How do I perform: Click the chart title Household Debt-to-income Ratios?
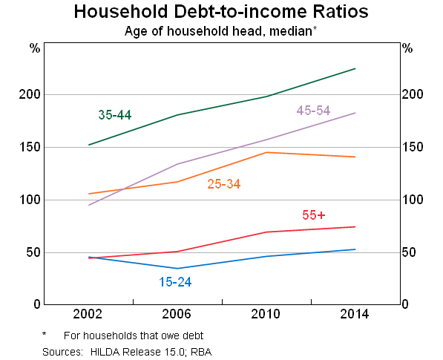click(221, 13)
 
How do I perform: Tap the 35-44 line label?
click(115, 115)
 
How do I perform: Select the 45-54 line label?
click(313, 111)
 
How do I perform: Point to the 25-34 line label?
click(223, 184)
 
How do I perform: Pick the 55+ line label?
click(314, 215)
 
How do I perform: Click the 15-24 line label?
click(176, 282)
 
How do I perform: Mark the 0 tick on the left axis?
click(35, 304)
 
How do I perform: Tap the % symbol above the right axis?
click(407, 49)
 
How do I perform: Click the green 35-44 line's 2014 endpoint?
click(355, 68)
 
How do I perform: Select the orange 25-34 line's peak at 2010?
click(266, 152)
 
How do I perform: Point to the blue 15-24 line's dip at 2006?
click(177, 269)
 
